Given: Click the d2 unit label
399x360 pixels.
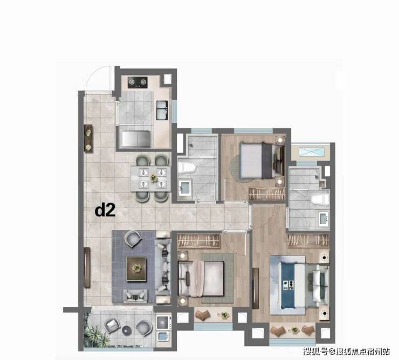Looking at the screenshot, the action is pos(105,211).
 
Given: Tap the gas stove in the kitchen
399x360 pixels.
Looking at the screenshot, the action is pos(137,82).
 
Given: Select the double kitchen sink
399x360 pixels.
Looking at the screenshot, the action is pos(162,110).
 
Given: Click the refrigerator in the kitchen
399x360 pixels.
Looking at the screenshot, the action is pos(136,139).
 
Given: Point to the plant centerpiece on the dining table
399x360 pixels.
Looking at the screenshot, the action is pos(153,177).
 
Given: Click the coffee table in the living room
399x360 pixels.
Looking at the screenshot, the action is pos(136,269).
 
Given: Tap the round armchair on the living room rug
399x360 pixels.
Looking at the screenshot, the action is pos(133,239).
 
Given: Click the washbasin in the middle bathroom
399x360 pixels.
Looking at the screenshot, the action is pos(185,188).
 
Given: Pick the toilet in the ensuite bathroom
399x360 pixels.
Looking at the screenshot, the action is pos(320,199).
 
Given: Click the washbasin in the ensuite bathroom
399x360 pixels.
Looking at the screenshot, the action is pos(324,219).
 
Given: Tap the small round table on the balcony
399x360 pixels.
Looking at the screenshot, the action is pos(127,330).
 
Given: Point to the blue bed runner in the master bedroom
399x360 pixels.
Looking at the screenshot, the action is pos(288,285).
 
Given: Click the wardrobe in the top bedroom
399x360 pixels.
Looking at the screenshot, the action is pos(267,194).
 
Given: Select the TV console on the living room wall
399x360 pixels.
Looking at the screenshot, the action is pos(87,267).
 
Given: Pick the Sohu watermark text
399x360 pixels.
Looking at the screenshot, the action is pos(346,351).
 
